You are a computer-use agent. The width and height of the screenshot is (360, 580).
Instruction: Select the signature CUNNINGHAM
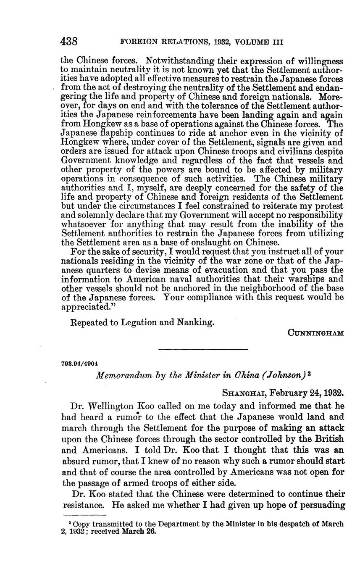[x=315, y=333]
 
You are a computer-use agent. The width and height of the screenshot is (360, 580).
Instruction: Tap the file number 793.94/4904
[x=80, y=363]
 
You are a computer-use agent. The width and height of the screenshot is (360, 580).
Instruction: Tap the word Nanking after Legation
[x=194, y=322]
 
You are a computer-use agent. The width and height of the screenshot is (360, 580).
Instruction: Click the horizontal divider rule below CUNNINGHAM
[x=203, y=349]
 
